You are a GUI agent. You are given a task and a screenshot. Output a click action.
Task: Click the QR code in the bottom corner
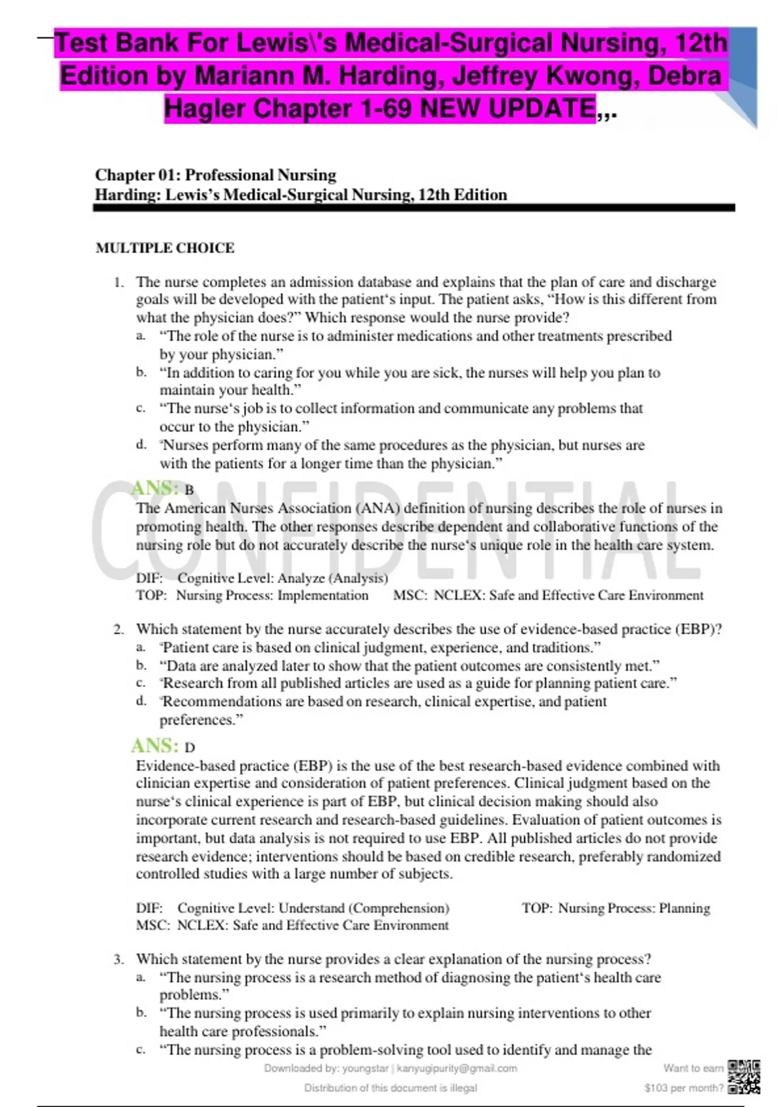point(744,1077)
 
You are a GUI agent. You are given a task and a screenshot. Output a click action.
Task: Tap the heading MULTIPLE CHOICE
point(165,248)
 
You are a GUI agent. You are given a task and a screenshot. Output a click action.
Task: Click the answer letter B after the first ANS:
point(189,490)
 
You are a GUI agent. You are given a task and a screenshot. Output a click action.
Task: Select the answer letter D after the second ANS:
point(190,748)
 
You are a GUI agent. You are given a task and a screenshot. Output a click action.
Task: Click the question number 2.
point(118,630)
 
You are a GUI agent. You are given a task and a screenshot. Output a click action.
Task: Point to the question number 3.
point(118,959)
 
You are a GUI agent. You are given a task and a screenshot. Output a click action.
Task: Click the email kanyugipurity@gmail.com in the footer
point(457,1068)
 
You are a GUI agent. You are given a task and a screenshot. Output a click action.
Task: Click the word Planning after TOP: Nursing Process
point(684,908)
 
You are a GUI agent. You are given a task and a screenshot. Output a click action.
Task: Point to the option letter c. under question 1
point(141,408)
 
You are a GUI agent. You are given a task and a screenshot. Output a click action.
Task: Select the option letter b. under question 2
point(141,666)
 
